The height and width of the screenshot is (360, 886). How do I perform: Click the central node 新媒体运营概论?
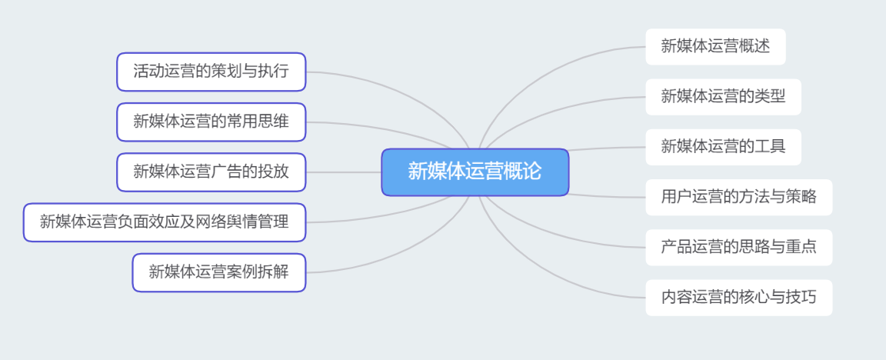[475, 172]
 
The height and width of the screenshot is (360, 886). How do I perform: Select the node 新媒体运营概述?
[715, 46]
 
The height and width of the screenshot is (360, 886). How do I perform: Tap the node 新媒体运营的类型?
[723, 97]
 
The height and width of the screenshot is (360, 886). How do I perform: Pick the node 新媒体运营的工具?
[723, 147]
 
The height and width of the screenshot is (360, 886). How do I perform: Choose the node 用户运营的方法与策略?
[739, 197]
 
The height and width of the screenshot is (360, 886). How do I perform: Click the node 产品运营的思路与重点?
[739, 247]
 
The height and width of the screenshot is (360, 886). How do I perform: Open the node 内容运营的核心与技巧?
[739, 297]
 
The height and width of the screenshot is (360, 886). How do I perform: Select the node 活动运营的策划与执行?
[212, 72]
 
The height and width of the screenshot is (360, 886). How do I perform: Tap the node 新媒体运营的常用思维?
[212, 122]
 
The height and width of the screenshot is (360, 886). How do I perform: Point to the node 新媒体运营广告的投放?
[212, 172]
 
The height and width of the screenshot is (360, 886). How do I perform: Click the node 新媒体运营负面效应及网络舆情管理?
[165, 222]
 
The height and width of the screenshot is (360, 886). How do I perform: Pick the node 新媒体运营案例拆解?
[219, 272]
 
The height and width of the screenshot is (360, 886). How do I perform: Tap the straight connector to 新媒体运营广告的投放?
[344, 172]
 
